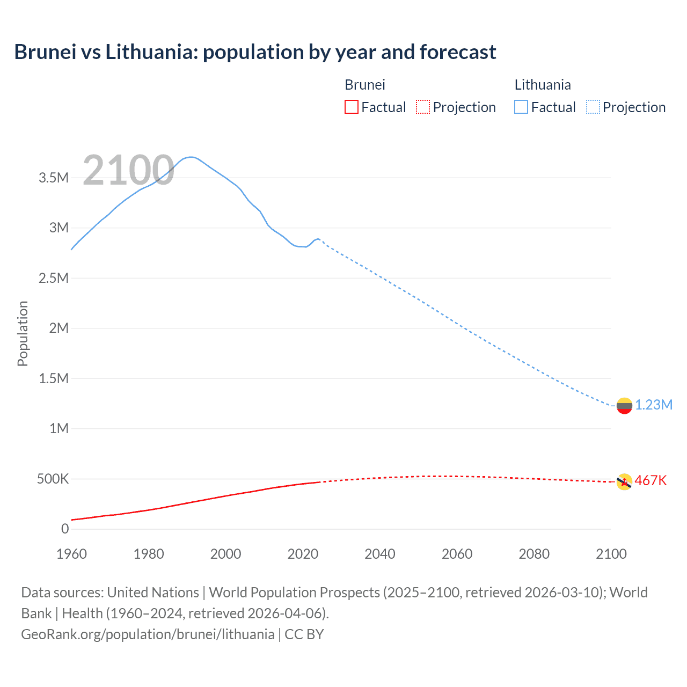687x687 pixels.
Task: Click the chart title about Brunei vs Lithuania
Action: [x=255, y=52]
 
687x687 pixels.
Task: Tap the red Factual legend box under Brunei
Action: [x=351, y=107]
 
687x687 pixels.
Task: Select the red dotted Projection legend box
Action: [x=423, y=107]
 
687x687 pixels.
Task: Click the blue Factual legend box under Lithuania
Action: [x=521, y=107]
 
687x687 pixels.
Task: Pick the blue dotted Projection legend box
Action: [x=593, y=107]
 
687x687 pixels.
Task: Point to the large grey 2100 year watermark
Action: [x=128, y=171]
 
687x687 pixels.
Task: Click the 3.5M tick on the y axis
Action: [x=54, y=178]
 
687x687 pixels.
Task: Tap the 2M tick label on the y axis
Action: [x=59, y=328]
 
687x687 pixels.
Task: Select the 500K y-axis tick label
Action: [x=53, y=479]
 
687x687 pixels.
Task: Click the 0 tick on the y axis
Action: [x=65, y=529]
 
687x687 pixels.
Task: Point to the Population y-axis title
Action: [x=23, y=333]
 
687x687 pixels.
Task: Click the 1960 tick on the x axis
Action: [x=71, y=554]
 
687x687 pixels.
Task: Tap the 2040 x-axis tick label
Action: [x=380, y=554]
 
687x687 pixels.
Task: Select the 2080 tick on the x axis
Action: [x=534, y=554]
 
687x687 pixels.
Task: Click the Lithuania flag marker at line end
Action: [x=624, y=406]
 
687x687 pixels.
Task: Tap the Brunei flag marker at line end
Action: [x=624, y=482]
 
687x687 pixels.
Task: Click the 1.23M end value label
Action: [x=654, y=405]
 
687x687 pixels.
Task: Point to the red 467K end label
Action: [x=651, y=481]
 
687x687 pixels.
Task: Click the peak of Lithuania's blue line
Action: [x=191, y=157]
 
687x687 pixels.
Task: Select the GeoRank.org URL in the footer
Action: [x=148, y=634]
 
